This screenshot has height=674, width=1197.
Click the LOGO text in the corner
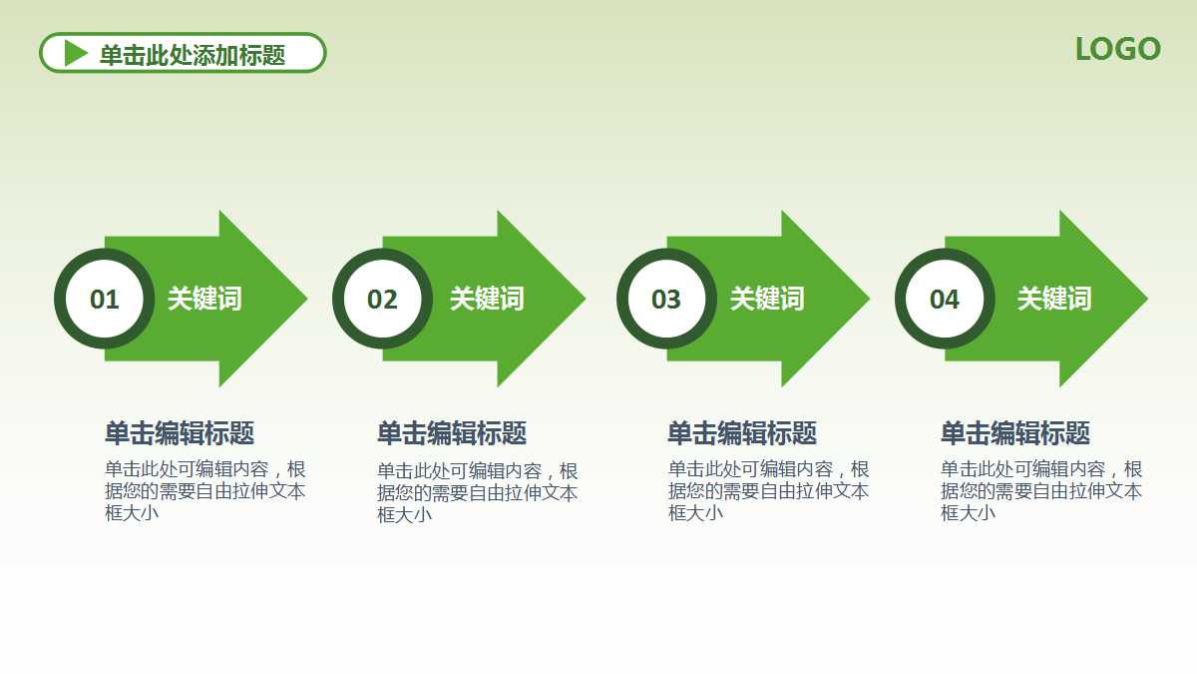coord(1117,49)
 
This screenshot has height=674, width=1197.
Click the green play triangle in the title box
coord(76,53)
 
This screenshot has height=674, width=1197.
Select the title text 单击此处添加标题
coord(193,55)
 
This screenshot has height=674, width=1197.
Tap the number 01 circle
coord(104,299)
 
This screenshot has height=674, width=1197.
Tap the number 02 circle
coord(382,299)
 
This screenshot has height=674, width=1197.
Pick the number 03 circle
coord(665,299)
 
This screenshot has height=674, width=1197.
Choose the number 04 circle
coord(944,299)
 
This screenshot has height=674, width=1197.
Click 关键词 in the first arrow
coord(204,299)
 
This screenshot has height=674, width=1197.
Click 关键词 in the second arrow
coord(487,299)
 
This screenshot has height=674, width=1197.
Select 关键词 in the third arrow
coord(767,299)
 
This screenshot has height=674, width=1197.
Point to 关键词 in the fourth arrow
coord(1054,299)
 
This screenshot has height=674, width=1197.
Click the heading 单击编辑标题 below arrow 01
coord(180,433)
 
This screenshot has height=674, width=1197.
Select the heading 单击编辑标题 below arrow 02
coord(452,433)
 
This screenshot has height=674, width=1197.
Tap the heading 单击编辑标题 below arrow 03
coord(742,433)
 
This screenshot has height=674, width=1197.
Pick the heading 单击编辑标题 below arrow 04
coord(1015,433)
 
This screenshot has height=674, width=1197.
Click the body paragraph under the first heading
coord(204,490)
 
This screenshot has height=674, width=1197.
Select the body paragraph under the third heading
coord(768,490)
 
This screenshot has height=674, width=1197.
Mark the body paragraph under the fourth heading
coord(1041,490)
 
